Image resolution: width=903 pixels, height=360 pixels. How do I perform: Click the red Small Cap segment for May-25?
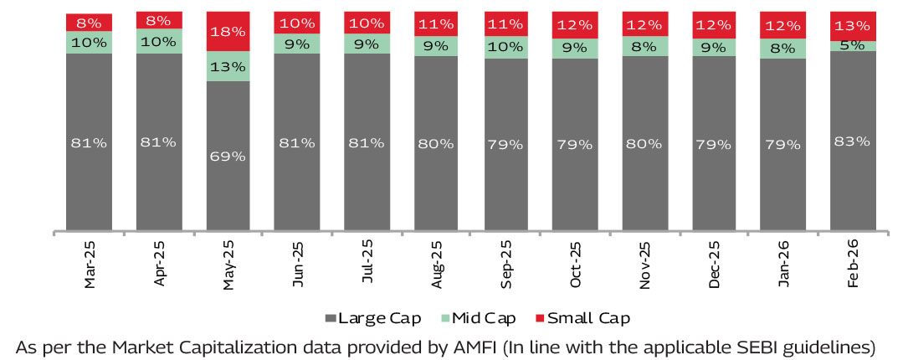[x=228, y=31]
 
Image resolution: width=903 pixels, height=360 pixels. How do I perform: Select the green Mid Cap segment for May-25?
[x=228, y=66]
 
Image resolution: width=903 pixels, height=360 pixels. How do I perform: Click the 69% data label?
[x=228, y=156]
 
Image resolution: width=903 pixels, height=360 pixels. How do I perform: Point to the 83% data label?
[x=853, y=142]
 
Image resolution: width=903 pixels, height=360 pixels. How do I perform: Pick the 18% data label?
[x=228, y=31]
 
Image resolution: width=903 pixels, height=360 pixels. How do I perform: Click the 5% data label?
[x=853, y=46]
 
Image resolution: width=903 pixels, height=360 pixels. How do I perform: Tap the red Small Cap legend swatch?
[x=540, y=318]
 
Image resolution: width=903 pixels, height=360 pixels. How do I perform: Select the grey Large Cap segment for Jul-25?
[x=367, y=142]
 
